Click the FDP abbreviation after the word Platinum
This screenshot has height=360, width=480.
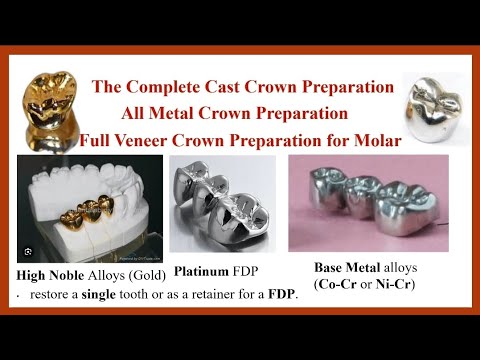coord(255,270)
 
